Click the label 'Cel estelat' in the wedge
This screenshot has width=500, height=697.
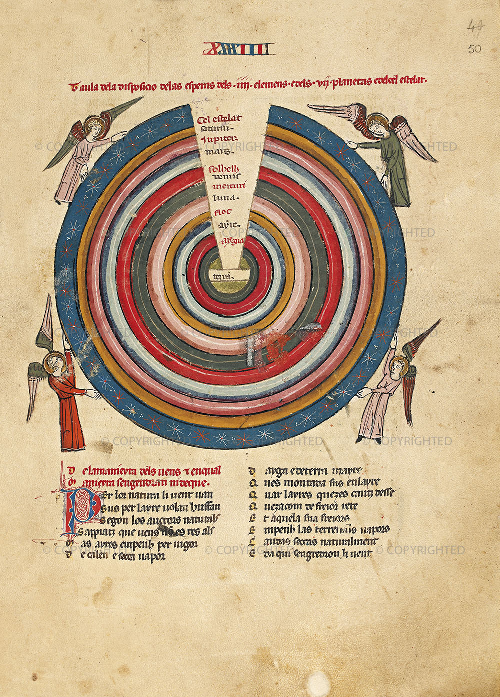(220, 119)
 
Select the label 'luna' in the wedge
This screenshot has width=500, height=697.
(223, 199)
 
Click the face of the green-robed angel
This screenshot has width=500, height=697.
(376, 125)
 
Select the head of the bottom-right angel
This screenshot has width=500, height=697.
(398, 367)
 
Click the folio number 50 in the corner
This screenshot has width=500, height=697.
(475, 49)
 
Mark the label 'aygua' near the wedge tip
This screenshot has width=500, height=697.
(232, 241)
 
